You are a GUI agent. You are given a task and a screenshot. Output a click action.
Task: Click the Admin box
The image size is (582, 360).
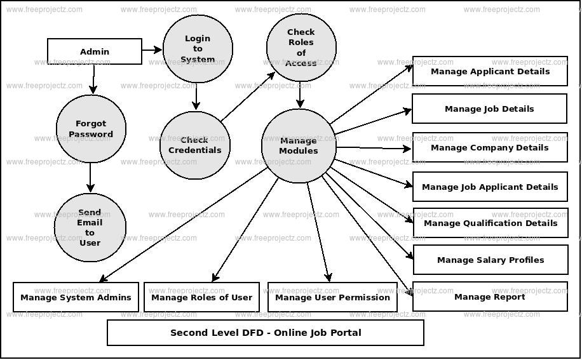tap(95, 51)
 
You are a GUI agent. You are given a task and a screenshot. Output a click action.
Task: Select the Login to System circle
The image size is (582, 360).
tap(198, 49)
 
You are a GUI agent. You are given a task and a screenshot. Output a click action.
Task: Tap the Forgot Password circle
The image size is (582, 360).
tap(91, 129)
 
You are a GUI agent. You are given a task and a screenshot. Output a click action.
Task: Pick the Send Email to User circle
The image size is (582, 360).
tap(90, 227)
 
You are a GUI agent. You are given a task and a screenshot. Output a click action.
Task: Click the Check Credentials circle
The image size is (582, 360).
tap(195, 145)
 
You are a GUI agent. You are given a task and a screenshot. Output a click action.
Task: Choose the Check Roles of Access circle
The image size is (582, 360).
tap(301, 48)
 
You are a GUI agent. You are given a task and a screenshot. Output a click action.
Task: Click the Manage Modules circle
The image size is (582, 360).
tap(299, 146)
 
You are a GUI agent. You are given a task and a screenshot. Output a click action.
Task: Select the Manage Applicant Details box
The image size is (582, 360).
tap(490, 71)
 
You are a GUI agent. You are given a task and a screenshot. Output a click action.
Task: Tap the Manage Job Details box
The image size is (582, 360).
tap(489, 109)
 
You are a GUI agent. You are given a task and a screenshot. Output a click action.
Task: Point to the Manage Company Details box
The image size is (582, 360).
tap(490, 147)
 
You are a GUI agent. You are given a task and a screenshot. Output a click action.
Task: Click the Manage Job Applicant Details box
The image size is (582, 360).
tap(490, 187)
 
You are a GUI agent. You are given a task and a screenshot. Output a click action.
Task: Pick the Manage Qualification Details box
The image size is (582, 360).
tap(490, 223)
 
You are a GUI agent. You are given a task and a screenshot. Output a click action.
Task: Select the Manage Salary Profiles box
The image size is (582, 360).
tap(490, 260)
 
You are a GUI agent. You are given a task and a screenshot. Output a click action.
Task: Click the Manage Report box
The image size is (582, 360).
tap(490, 297)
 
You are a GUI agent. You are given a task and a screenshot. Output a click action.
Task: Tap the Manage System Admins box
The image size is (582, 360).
tap(76, 297)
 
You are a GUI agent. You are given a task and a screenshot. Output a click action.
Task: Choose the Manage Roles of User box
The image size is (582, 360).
tap(201, 297)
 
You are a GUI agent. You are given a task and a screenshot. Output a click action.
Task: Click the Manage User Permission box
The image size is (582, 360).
tap(332, 297)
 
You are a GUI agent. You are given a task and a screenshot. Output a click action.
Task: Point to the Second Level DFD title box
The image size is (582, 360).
tap(266, 333)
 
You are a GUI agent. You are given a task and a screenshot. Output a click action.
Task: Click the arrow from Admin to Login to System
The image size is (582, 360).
tap(152, 50)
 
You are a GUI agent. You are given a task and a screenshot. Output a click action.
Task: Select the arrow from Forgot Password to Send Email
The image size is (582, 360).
tap(90, 177)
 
